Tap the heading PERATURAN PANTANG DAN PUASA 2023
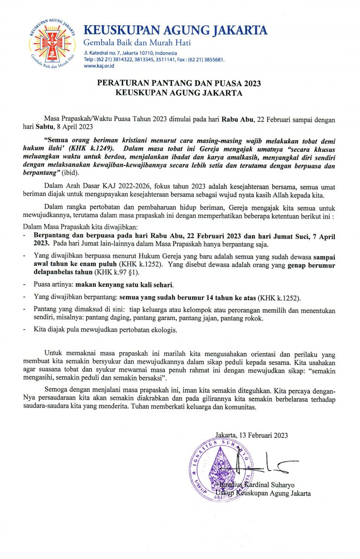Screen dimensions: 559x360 click(x=179, y=83)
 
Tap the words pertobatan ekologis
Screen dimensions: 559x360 click(x=149, y=330)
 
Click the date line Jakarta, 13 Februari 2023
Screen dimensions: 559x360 click(x=251, y=435)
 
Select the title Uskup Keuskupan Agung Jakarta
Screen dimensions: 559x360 click(x=263, y=493)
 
